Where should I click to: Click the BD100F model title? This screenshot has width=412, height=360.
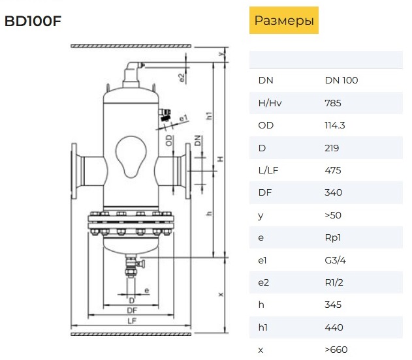33,22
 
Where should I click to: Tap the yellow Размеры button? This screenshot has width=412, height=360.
284,20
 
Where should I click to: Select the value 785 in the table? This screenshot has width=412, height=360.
333,103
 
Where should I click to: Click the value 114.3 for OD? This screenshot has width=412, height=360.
335,125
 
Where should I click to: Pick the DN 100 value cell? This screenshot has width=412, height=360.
341,80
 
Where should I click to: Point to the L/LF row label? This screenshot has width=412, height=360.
268,170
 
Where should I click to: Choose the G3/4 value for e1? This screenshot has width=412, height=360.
335,260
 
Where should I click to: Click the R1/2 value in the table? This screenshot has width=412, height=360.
334,282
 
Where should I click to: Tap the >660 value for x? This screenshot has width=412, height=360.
336,350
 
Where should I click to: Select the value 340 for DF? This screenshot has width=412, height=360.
333,192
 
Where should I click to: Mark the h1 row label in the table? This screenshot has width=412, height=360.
262,327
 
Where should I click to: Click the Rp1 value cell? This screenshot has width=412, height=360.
332,238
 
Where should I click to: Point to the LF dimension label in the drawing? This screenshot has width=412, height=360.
132,321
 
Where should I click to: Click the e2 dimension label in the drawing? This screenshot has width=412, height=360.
182,78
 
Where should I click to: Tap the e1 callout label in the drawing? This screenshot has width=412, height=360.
183,118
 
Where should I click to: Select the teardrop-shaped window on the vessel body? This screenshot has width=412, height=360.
131,157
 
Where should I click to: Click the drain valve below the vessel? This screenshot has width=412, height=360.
133,265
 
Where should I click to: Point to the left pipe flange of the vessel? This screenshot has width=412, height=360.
74,171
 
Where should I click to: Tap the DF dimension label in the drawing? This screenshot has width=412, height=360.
132,310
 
